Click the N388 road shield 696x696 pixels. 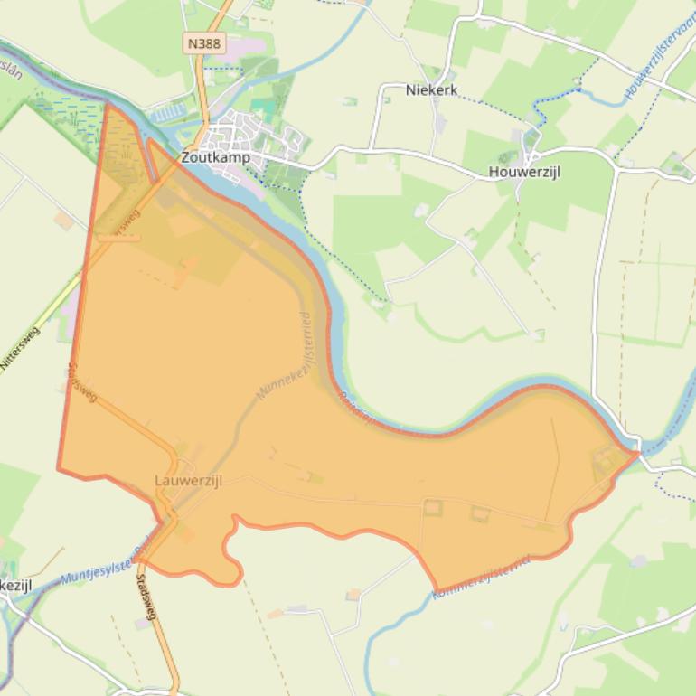[204, 43]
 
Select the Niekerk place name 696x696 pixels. [431, 90]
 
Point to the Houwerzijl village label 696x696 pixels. [523, 172]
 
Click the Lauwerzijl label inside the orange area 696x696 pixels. [189, 480]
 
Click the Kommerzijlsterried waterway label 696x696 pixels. [483, 575]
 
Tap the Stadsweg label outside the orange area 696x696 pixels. [146, 597]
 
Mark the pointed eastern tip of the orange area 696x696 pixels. [638, 451]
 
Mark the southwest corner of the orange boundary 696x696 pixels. [59, 469]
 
